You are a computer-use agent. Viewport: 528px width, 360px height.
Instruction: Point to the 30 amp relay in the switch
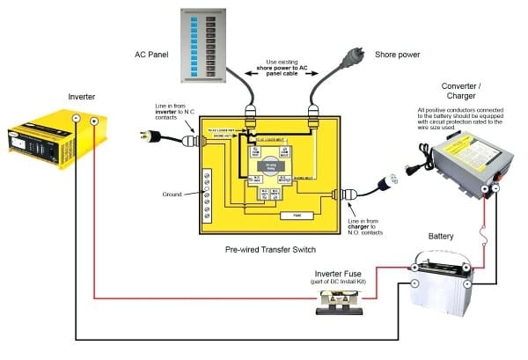tap(272, 165)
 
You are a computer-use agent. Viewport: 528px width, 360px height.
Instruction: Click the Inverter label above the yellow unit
tap(83, 96)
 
